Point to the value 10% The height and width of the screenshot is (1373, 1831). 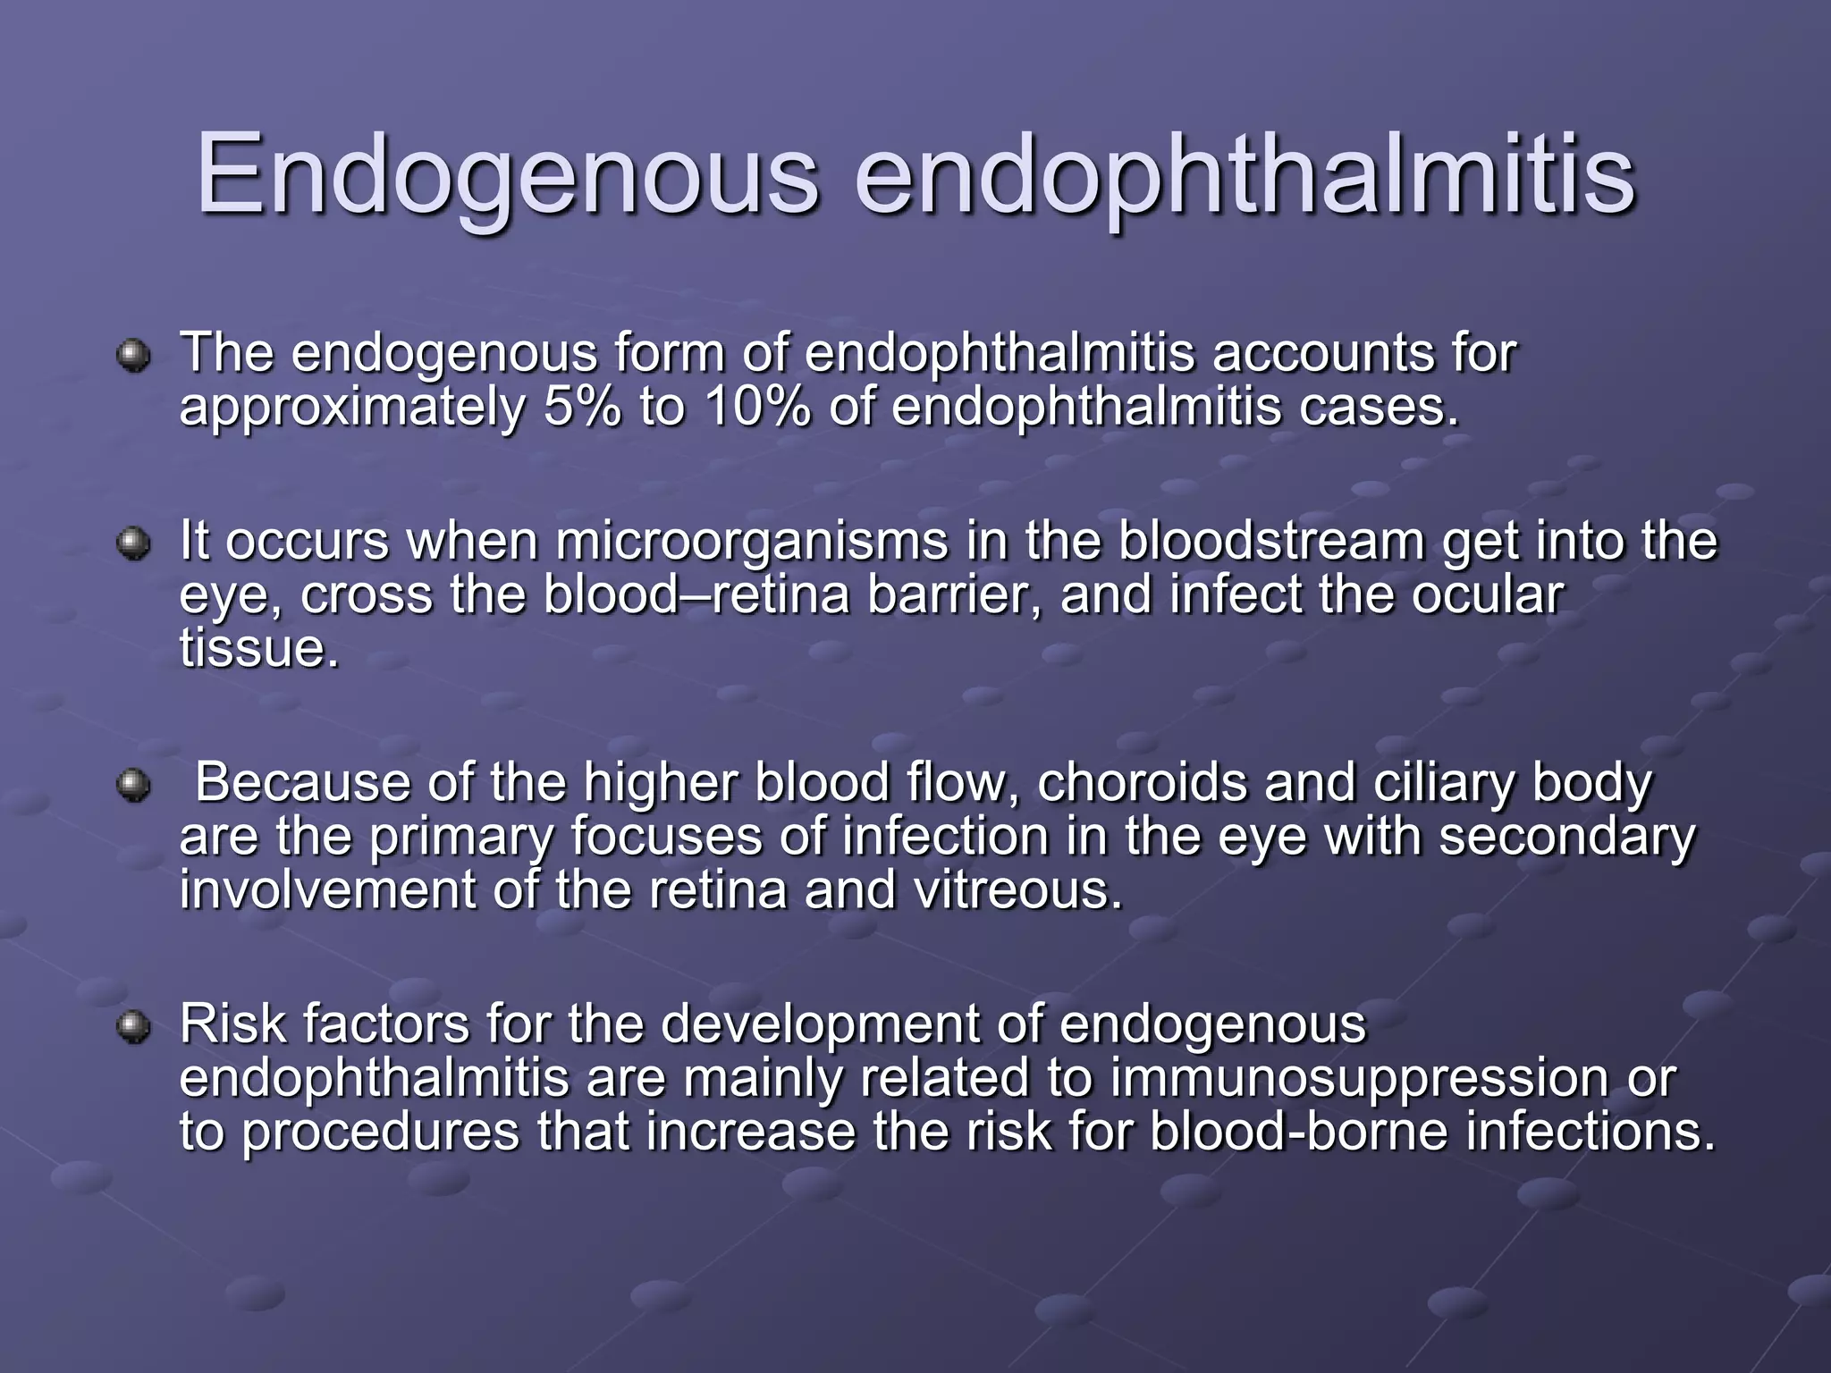(757, 408)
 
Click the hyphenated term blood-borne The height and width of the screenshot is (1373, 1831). (1298, 1132)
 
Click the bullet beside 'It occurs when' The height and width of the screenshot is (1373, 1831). (133, 543)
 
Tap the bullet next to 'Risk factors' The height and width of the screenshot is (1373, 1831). (133, 1026)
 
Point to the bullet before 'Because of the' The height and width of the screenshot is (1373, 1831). (133, 785)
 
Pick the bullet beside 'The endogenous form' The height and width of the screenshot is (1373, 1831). (133, 356)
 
